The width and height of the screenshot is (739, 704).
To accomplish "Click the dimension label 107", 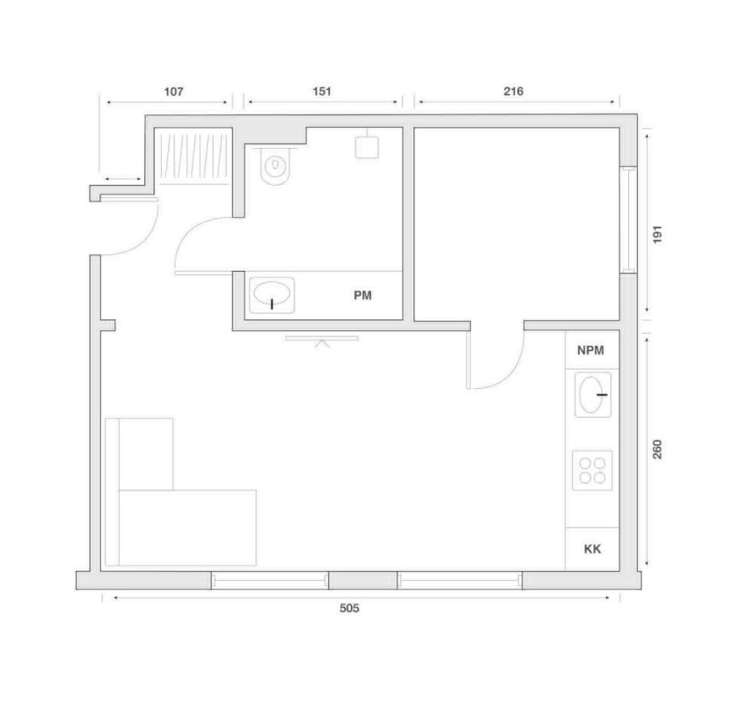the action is [x=173, y=92].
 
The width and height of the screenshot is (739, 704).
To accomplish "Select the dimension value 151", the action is [x=322, y=91].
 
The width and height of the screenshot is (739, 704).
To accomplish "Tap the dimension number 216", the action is [x=513, y=91].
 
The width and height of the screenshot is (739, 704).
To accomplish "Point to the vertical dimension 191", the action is [x=657, y=234].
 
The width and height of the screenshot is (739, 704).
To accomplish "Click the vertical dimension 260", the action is [x=657, y=449].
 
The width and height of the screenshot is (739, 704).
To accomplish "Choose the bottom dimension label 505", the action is [x=349, y=608].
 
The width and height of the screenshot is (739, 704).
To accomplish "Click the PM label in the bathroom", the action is [x=362, y=296].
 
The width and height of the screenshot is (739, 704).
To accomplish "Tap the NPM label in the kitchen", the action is [x=590, y=350].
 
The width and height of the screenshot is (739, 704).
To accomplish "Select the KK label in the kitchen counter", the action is [x=592, y=549].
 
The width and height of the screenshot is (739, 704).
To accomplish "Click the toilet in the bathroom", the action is [x=275, y=165].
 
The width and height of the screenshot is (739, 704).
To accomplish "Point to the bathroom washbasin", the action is [x=272, y=295].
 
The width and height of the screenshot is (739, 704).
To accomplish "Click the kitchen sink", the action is [x=593, y=394].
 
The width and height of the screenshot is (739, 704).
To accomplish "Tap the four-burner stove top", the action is [x=592, y=471].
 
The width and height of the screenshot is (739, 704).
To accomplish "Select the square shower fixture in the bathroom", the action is [x=367, y=147].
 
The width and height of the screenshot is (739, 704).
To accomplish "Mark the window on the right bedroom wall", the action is [x=628, y=220].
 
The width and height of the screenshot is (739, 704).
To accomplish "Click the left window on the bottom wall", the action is [x=269, y=581].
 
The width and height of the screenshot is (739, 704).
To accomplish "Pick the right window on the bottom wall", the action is [x=459, y=581].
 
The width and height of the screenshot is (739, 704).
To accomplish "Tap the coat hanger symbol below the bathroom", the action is [x=322, y=341].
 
